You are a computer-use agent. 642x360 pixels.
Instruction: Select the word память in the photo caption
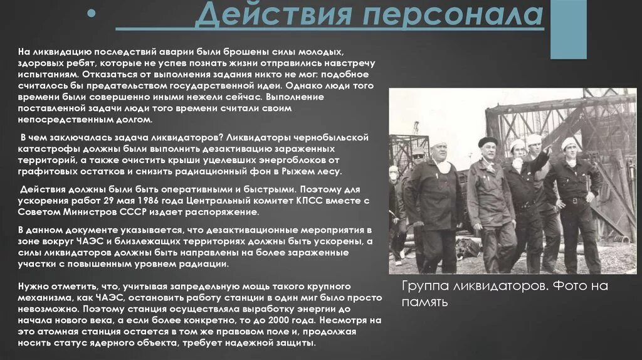[x=424, y=302]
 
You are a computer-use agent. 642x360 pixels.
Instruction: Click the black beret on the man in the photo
[x=487, y=141]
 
